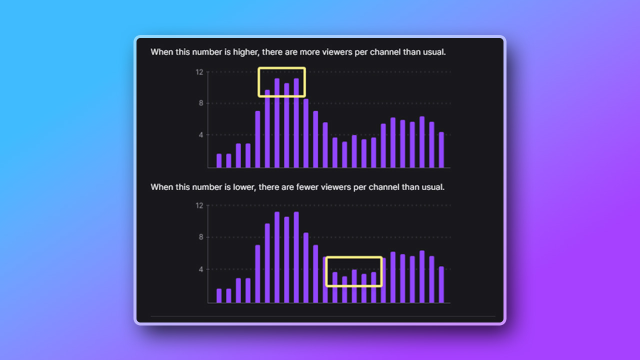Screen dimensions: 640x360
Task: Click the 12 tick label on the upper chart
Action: point(199,72)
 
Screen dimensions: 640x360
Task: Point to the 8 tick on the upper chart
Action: point(201,103)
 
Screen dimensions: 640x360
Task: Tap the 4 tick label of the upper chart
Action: point(201,134)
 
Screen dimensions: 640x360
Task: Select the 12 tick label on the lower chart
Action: point(199,205)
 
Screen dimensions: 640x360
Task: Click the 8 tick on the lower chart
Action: point(201,237)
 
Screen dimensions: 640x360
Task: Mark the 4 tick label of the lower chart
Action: point(201,269)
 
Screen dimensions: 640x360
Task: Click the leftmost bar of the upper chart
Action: point(219,160)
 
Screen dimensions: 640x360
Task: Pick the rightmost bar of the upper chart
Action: point(441,149)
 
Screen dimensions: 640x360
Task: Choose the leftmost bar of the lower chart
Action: point(219,295)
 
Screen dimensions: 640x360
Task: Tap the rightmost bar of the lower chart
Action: point(441,284)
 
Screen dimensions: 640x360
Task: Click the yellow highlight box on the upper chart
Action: point(281,68)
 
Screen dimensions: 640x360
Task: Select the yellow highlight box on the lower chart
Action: point(354,257)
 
